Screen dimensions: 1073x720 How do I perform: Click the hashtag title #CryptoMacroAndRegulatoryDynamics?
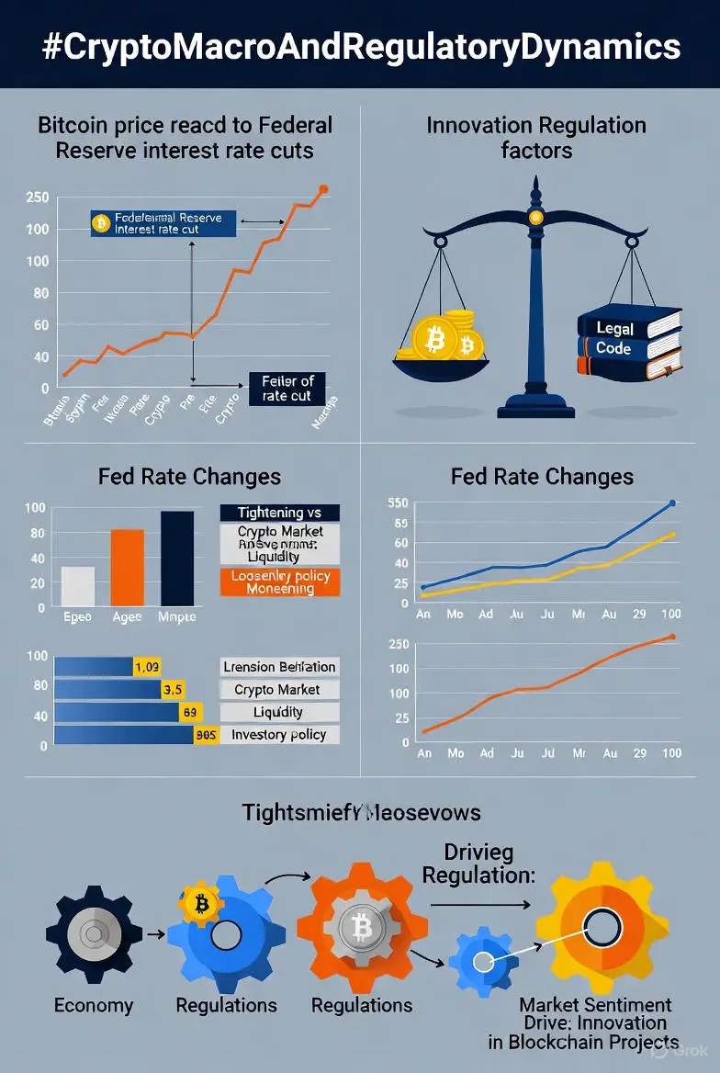pos(360,45)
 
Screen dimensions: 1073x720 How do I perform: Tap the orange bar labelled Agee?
pos(127,567)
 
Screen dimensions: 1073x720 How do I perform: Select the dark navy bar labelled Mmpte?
pos(177,558)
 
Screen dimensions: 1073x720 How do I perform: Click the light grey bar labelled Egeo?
pos(77,586)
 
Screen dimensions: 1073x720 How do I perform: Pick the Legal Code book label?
pos(613,338)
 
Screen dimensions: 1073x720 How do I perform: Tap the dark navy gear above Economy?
pos(94,933)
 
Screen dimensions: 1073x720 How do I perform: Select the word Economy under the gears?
pos(93,1005)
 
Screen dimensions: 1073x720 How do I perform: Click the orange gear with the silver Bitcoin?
pos(362,927)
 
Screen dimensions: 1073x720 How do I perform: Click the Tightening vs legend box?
pos(280,513)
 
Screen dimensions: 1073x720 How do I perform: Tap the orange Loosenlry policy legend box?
pos(280,582)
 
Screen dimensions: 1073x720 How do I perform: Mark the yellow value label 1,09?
pos(147,667)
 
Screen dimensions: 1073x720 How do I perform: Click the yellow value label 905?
pos(206,735)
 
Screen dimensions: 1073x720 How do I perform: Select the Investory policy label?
pos(280,735)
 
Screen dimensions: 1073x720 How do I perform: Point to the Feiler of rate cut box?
pos(287,389)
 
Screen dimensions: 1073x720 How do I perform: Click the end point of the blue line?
pos(672,503)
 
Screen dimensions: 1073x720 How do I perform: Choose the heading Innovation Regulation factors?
pos(536,137)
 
